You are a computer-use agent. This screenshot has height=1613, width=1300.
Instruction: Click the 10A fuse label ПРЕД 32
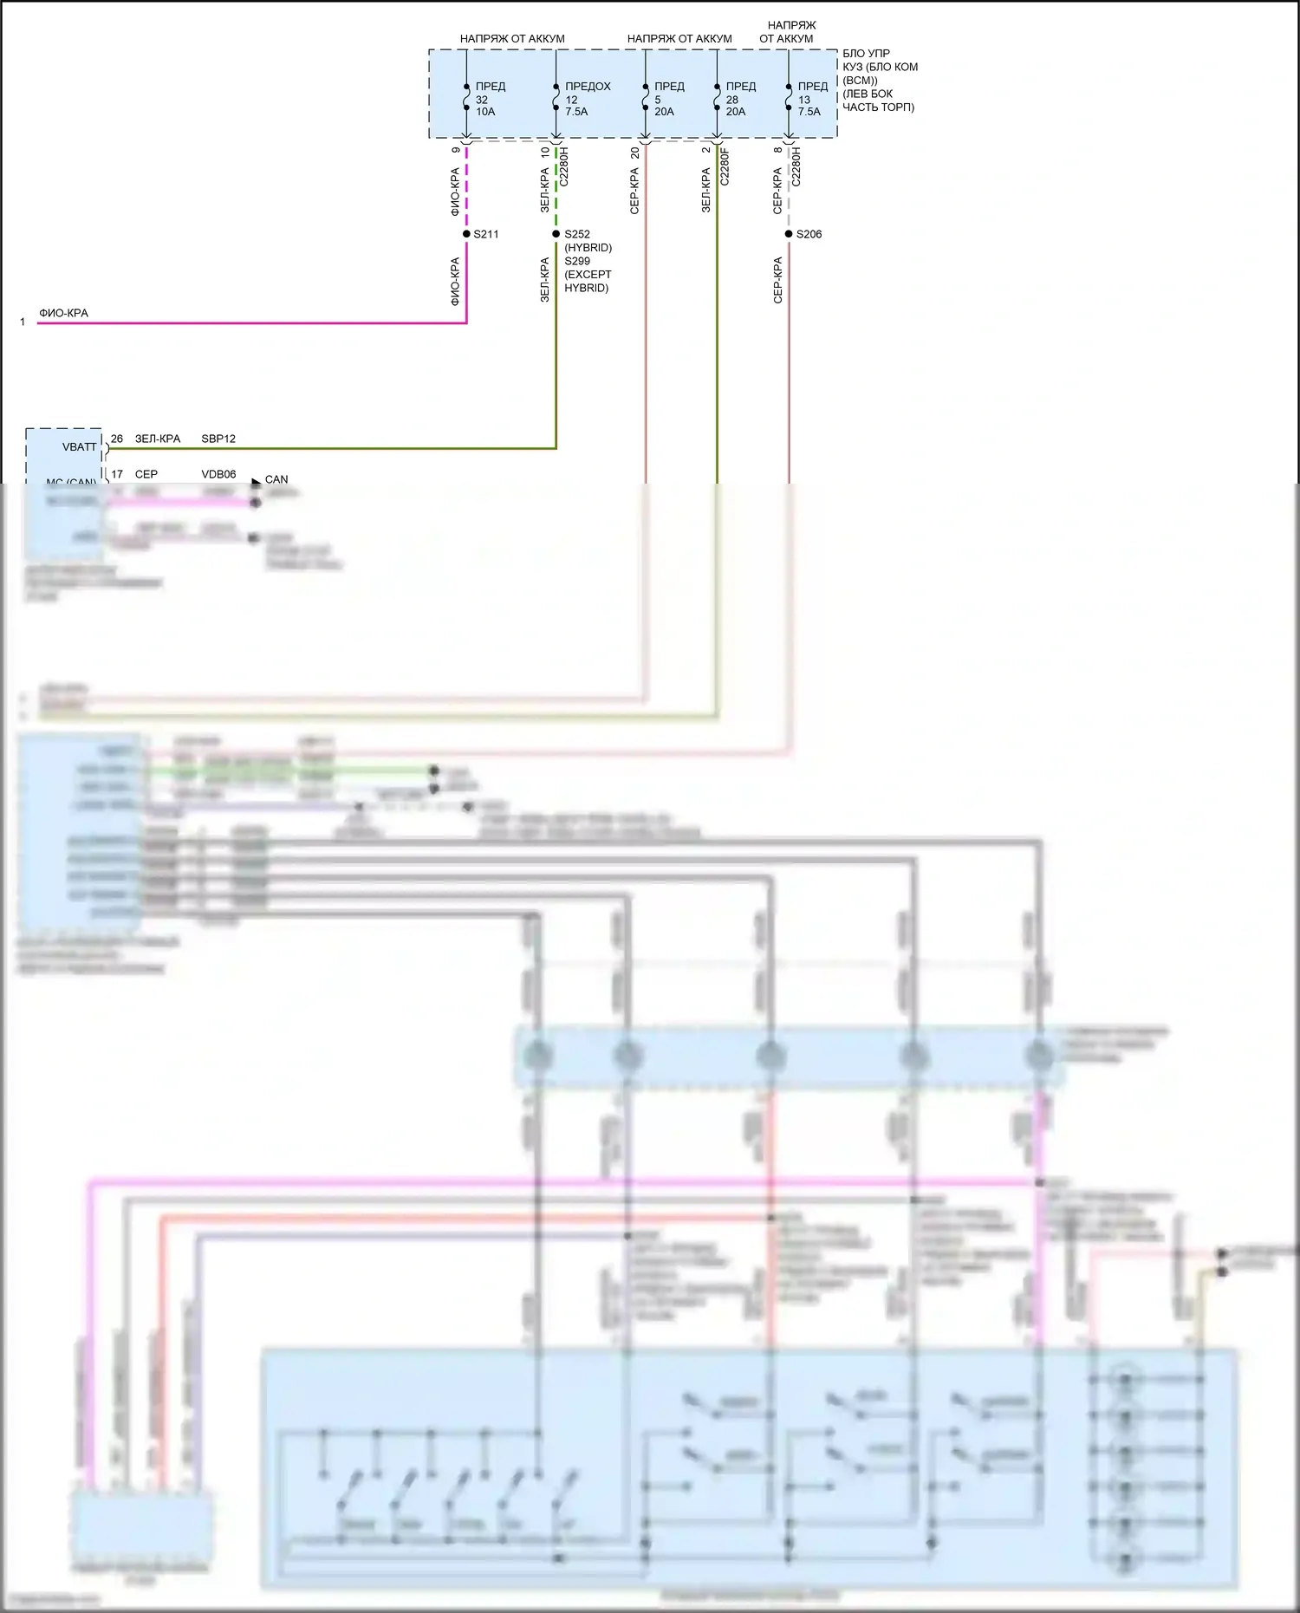(490, 99)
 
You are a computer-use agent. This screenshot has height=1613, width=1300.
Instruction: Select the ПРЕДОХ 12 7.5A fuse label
(587, 99)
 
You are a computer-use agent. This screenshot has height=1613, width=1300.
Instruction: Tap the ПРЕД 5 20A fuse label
(668, 99)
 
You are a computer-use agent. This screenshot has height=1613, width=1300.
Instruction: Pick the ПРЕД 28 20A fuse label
(740, 99)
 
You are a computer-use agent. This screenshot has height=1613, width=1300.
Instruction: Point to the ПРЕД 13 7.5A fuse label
(812, 99)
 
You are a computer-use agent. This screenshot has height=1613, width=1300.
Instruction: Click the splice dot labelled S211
(466, 234)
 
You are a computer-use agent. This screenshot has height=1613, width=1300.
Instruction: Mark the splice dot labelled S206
(789, 234)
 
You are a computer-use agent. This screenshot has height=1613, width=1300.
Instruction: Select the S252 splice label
(577, 234)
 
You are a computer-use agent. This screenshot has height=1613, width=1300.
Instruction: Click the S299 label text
(577, 261)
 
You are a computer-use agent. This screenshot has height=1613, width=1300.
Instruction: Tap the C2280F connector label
(725, 166)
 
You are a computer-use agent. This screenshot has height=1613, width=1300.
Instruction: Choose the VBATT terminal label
(80, 447)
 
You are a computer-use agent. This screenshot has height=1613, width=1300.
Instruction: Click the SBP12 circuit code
(218, 439)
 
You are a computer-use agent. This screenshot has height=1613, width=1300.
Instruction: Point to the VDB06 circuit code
(218, 474)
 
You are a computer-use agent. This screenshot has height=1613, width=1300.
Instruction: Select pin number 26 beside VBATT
(117, 439)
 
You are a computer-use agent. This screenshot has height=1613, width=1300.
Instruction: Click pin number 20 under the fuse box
(634, 152)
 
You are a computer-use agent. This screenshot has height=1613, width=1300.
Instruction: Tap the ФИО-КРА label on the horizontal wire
(63, 313)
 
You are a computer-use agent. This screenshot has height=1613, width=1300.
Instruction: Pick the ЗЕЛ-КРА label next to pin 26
(158, 439)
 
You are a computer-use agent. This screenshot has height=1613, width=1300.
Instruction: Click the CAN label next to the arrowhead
(276, 479)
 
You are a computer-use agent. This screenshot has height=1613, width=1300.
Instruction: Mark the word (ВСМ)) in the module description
(860, 81)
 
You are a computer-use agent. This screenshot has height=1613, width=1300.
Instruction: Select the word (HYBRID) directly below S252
(588, 248)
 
